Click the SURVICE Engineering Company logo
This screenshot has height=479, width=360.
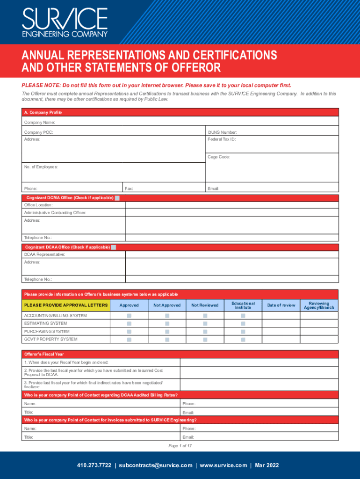point(65,22)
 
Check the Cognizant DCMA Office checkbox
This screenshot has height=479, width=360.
point(117,198)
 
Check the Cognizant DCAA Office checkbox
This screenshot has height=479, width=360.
point(114,247)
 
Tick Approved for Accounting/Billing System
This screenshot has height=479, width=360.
point(129,316)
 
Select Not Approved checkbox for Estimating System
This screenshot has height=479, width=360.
point(167,324)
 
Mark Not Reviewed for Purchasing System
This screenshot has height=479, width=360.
point(205,332)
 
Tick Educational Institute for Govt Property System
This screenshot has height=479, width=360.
point(243,339)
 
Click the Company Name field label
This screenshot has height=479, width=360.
point(40,122)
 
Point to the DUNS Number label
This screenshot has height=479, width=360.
point(222,132)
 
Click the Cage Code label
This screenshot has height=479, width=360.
point(219,157)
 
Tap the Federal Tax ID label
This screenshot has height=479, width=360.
point(222,139)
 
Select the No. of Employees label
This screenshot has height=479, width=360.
point(41,167)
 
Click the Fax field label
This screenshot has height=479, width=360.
point(129,189)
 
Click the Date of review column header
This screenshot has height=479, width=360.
point(281,305)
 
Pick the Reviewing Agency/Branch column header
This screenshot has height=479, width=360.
point(319,305)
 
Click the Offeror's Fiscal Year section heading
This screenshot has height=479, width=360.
point(44,354)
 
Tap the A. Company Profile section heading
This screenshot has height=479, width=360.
point(43,113)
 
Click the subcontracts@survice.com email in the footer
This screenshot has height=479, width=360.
point(156,465)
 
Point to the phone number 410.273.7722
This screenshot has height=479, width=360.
point(94,465)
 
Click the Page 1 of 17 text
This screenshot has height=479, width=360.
point(180,446)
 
